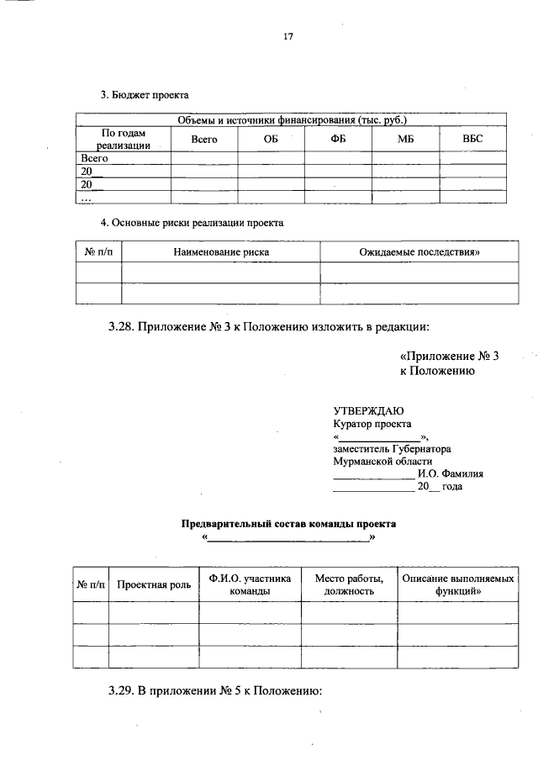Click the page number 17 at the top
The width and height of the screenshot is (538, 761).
pos(288,37)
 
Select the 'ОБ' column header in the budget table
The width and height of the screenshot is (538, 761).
pos(270,139)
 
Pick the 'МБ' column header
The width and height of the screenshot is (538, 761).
pos(406,139)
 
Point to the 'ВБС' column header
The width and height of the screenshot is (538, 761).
pos(473,139)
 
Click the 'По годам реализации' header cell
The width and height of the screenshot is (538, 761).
pos(123,139)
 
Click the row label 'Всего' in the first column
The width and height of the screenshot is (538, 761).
pos(95,157)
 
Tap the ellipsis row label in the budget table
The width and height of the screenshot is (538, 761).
pos(85,198)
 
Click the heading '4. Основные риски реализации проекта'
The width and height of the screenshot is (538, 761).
pos(192,223)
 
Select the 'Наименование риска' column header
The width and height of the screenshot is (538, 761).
pos(220,251)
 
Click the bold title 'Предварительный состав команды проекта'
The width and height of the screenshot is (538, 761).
pos(288,523)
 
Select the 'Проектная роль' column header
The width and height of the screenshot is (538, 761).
pos(153,584)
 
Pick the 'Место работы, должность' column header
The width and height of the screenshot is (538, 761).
pos(349,584)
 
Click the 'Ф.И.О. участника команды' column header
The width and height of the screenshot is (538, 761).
pos(250,584)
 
